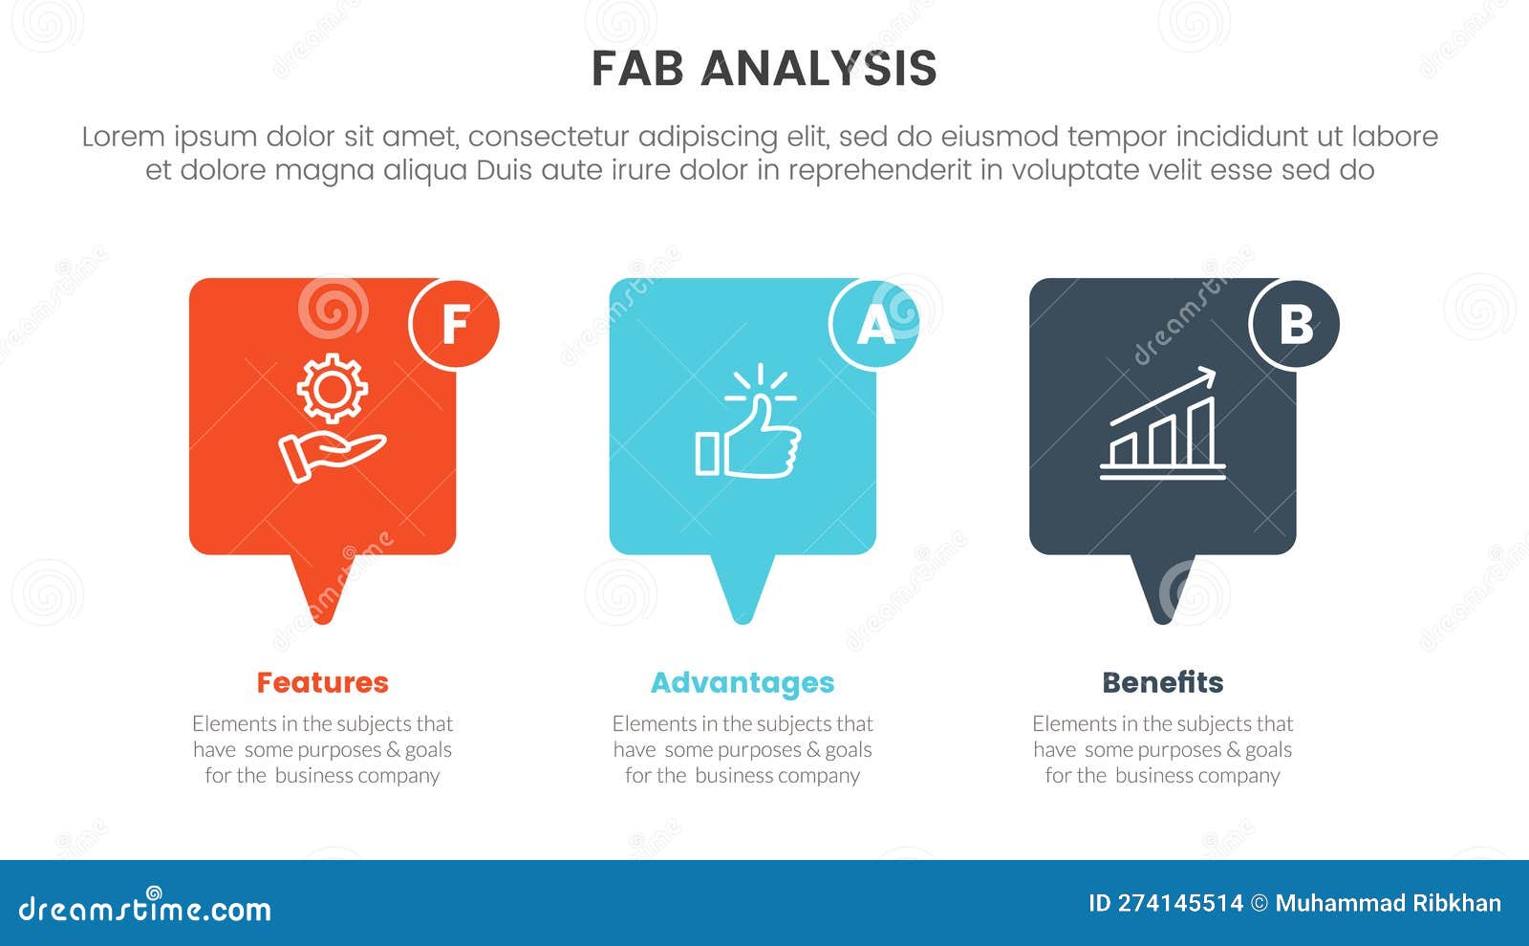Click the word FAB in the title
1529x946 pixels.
coord(637,69)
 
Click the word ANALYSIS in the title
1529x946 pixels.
coord(819,69)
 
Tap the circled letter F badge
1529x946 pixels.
coord(455,324)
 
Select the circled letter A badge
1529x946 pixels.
coord(874,324)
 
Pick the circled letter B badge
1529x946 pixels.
coord(1295,324)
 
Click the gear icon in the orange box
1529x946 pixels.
coord(333,388)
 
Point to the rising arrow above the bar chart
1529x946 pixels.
coord(1163,397)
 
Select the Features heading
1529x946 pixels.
coord(323,682)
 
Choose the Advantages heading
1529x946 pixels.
coord(743,683)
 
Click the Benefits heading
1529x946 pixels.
coord(1163,682)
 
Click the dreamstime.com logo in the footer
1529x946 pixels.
coord(144,906)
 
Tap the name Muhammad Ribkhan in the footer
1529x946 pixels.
coord(1389,904)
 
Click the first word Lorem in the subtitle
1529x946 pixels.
coord(123,138)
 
